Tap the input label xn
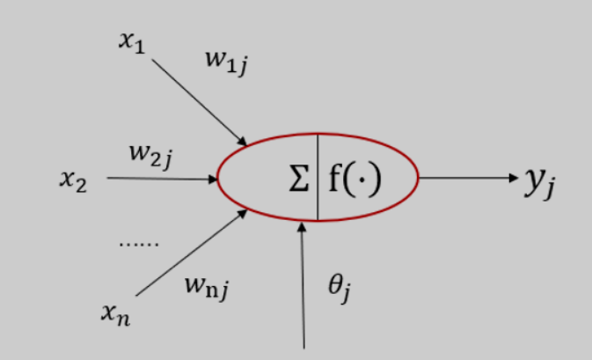coord(115,313)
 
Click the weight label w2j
coord(150,156)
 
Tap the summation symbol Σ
coord(299,180)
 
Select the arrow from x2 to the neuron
coord(163,180)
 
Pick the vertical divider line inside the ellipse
coord(318,177)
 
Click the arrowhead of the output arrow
coord(515,179)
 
